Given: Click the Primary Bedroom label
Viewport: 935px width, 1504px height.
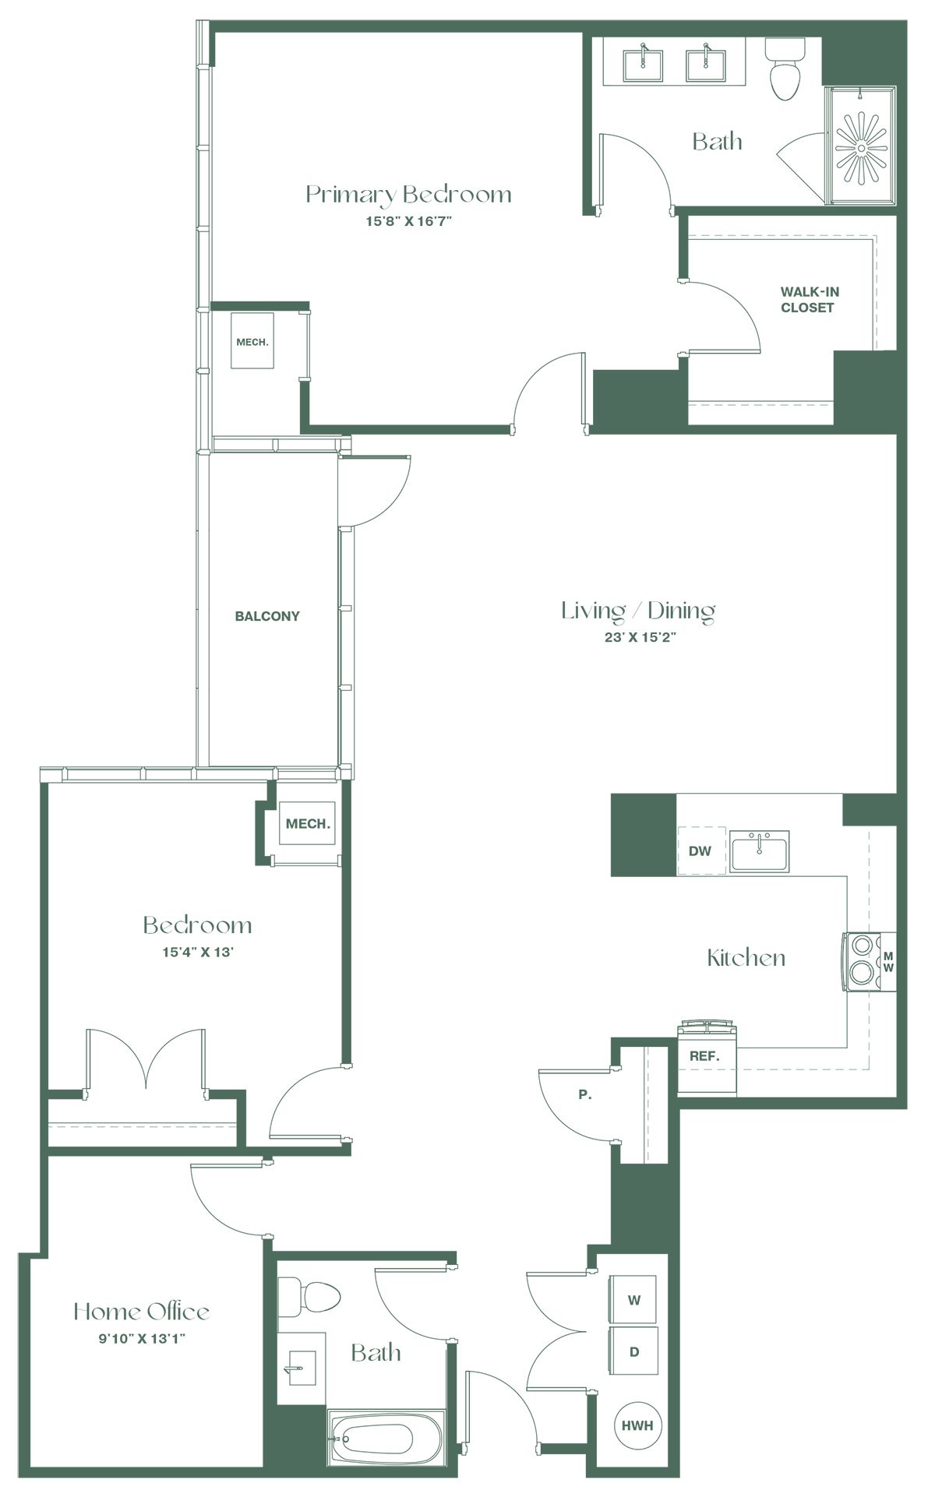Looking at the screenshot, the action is pos(408,195).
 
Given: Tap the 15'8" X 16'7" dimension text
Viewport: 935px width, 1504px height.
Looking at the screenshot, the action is pos(409,221).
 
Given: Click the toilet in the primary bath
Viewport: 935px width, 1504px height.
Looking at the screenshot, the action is pos(784,69).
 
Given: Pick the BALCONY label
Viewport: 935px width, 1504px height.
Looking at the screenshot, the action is pos(267,616).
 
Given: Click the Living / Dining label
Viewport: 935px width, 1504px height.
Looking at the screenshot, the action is pos(638,611).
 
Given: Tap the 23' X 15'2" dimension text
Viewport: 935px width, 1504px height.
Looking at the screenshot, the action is pos(638,637).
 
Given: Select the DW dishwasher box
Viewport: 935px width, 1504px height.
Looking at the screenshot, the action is pos(700,851).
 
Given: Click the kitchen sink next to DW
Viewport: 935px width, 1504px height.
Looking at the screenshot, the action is pos(759,851).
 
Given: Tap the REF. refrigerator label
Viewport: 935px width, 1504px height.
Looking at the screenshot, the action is pos(704,1057).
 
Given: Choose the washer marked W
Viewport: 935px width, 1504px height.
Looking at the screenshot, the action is pos(633,1300).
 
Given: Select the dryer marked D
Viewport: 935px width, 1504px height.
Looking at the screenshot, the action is pos(633,1352).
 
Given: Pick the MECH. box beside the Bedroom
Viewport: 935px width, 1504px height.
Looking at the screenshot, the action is pos(308,823).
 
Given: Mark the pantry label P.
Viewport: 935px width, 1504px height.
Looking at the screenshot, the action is pos(585,1094).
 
